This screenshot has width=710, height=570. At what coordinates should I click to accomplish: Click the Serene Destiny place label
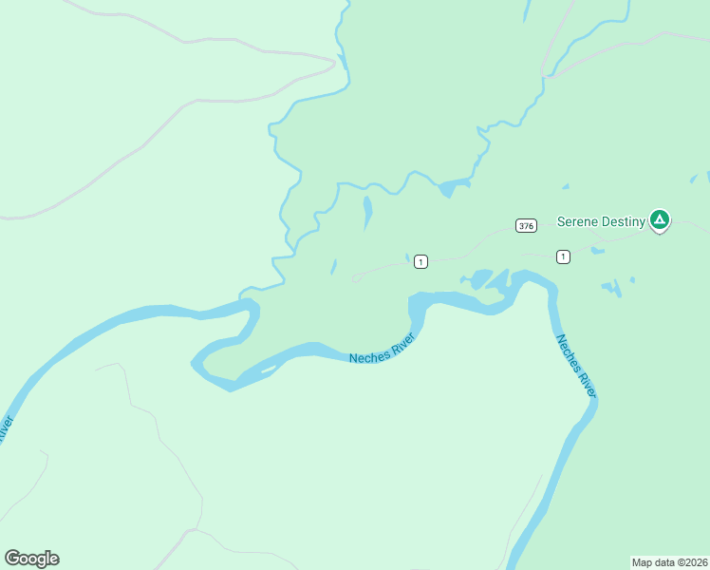click(x=601, y=221)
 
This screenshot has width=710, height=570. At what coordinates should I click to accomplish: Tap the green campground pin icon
click(x=660, y=220)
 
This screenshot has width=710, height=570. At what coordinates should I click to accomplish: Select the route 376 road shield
click(x=527, y=225)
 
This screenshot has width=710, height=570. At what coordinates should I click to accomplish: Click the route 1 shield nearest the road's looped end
click(x=421, y=261)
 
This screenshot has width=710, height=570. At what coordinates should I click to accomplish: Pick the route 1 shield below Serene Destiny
click(x=563, y=256)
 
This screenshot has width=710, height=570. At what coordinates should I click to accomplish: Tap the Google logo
click(x=31, y=559)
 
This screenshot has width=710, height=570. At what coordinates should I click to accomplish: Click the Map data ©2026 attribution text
click(x=669, y=561)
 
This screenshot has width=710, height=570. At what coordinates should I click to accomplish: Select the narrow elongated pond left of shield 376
click(x=367, y=212)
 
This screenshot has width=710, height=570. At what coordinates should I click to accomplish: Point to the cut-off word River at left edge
click(x=6, y=428)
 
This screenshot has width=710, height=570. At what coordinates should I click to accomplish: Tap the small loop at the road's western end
click(x=357, y=278)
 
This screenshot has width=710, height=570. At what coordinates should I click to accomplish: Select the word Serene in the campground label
click(x=575, y=221)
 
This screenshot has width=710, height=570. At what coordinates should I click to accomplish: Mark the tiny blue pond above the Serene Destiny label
click(x=566, y=186)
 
